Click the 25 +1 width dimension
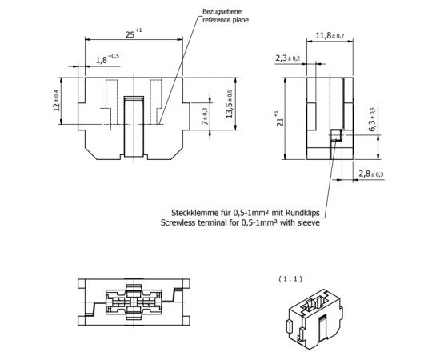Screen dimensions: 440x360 (x=134, y=34)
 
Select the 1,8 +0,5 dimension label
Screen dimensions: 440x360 (x=107, y=58)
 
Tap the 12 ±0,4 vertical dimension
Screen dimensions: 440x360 (x=57, y=100)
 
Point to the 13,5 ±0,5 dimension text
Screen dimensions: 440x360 (x=230, y=104)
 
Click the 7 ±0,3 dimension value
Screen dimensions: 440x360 (x=205, y=117)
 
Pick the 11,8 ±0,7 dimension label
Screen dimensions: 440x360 (x=330, y=36)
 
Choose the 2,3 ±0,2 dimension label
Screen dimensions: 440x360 (x=288, y=58)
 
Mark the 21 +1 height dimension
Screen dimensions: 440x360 (x=280, y=118)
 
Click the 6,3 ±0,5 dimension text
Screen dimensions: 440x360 (x=372, y=119)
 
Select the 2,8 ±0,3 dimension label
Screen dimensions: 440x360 (x=371, y=174)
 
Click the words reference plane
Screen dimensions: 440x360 (x=226, y=20)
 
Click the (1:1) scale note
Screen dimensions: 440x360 (x=290, y=279)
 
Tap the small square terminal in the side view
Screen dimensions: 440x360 (x=336, y=135)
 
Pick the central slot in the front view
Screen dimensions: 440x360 (x=134, y=126)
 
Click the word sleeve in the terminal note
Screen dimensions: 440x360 (x=310, y=222)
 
